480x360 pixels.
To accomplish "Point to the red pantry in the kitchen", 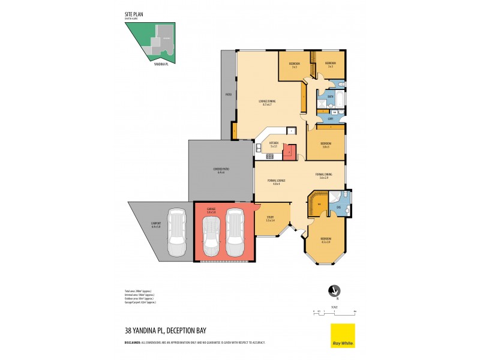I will pyautogui.click(x=290, y=152).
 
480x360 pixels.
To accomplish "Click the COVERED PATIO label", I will pyautogui.click(x=221, y=170).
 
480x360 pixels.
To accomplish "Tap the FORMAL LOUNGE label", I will pyautogui.click(x=277, y=181).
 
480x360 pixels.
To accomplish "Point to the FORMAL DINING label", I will pyautogui.click(x=324, y=175).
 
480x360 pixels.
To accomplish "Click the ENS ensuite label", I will pyautogui.click(x=338, y=208).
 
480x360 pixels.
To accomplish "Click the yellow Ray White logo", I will pyautogui.click(x=343, y=335).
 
